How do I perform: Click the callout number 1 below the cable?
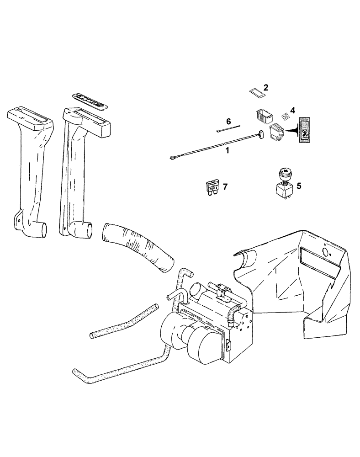tap(227, 150)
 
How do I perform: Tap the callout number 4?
tap(292, 111)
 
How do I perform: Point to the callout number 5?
tap(299, 186)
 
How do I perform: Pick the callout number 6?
tap(228, 121)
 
